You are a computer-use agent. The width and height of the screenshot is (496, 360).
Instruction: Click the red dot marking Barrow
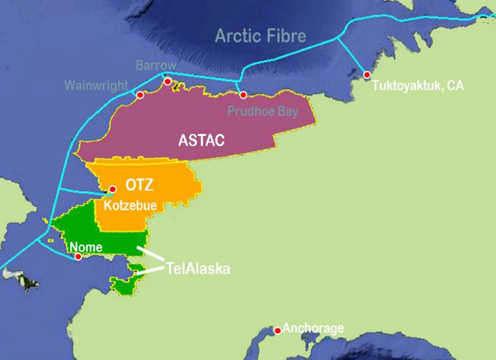coord(168,81)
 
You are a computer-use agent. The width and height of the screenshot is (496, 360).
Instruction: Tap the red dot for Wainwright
coord(140,95)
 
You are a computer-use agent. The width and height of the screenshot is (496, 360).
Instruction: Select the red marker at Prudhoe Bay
coord(243,95)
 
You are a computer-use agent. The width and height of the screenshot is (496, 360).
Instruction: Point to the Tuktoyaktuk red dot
coord(367,75)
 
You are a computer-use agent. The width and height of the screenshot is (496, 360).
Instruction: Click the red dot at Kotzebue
coord(113,189)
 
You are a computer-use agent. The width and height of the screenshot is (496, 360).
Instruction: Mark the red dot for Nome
coord(78,257)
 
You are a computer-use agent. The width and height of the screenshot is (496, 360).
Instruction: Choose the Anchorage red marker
coord(278,330)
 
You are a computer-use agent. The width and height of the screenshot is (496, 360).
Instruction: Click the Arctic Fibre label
coord(261,36)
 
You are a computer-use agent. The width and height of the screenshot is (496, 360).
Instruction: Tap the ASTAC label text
coord(201,140)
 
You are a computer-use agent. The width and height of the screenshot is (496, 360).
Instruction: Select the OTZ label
coord(139,186)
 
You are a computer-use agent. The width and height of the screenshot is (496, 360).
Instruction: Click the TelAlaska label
coord(198,269)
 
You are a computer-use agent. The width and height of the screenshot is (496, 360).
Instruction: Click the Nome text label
coord(86,246)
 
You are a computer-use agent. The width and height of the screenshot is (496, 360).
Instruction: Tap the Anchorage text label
coord(313,328)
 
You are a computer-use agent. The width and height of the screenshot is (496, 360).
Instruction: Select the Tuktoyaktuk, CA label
coord(418,86)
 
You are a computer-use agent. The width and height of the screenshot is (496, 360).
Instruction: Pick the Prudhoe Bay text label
coord(263,111)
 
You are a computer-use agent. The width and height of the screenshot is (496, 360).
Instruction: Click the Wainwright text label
coord(96,86)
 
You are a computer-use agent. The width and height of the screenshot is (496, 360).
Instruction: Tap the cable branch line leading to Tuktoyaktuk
coord(352,55)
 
